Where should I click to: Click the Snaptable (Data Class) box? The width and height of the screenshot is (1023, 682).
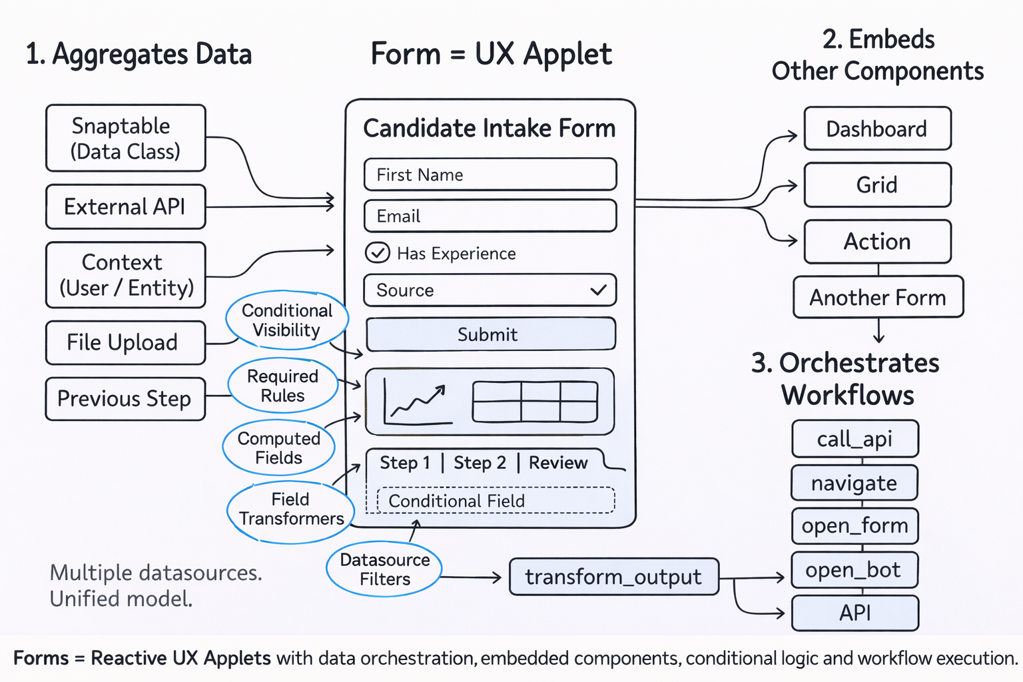pyautogui.click(x=125, y=139)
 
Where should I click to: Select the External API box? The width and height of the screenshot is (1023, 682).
pyautogui.click(x=125, y=207)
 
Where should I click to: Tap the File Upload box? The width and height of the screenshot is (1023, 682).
pyautogui.click(x=125, y=342)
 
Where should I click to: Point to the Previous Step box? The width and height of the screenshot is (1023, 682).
pyautogui.click(x=125, y=399)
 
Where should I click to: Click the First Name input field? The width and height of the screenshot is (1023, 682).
pyautogui.click(x=490, y=174)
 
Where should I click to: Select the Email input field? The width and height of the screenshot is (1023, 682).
pyautogui.click(x=490, y=216)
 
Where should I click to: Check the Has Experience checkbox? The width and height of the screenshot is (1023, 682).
pyautogui.click(x=378, y=253)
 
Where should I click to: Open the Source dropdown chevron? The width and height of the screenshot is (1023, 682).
pyautogui.click(x=598, y=290)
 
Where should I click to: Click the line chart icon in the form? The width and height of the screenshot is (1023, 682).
pyautogui.click(x=418, y=402)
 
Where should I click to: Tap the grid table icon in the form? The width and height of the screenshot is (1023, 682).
pyautogui.click(x=535, y=402)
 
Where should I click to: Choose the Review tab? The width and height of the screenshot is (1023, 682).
pyautogui.click(x=558, y=463)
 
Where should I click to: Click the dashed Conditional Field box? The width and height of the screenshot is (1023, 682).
pyautogui.click(x=496, y=501)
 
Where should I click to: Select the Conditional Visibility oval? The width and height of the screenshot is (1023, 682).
pyautogui.click(x=287, y=320)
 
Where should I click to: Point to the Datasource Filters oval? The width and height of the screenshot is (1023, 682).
pyautogui.click(x=384, y=569)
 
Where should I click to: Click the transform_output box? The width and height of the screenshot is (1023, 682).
pyautogui.click(x=613, y=577)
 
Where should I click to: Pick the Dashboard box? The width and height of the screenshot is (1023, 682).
pyautogui.click(x=876, y=129)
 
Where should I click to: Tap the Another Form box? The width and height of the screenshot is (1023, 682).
pyautogui.click(x=878, y=298)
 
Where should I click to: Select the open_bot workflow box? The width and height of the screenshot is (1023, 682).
pyautogui.click(x=854, y=570)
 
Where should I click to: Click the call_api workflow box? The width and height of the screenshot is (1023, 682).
pyautogui.click(x=854, y=439)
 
